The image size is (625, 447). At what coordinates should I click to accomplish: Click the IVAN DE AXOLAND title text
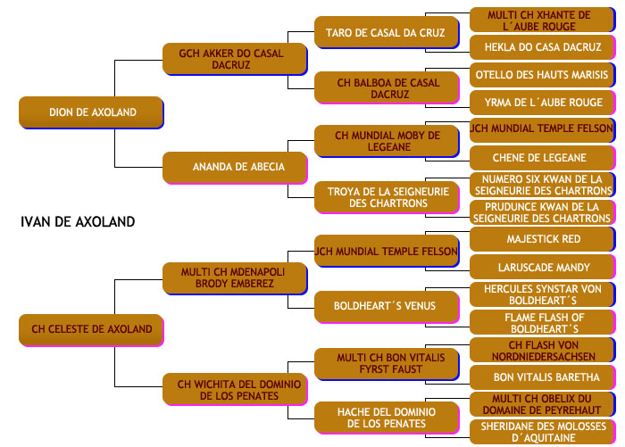coord(78,221)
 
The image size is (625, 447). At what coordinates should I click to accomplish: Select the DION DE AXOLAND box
coord(91,112)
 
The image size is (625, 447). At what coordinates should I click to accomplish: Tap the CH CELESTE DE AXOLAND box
coord(91,330)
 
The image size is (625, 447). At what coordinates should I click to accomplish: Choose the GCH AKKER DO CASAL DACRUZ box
coord(235,59)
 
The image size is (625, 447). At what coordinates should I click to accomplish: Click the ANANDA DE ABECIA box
coord(235,168)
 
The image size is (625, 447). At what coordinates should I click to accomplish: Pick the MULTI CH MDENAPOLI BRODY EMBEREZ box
coord(235,278)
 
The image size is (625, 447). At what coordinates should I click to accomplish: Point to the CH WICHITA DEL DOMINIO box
coord(235,389)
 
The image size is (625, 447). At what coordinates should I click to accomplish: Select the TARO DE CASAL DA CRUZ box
coord(387,32)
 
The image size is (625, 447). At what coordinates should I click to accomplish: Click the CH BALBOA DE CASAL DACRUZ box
coord(387,87)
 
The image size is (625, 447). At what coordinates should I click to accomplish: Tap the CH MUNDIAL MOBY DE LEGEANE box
coord(387,141)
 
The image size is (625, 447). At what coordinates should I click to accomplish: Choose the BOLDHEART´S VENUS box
coord(387,307)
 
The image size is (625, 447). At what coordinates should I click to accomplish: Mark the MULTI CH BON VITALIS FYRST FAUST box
coord(387,364)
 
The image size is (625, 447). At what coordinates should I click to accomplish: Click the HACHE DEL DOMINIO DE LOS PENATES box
coord(387,418)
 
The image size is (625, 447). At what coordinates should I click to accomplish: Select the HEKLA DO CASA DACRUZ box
coord(543,47)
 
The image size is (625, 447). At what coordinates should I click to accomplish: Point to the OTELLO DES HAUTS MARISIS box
coord(543,75)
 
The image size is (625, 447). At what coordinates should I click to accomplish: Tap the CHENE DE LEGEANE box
coord(543,158)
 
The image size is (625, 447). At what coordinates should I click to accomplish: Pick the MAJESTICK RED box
coord(543,239)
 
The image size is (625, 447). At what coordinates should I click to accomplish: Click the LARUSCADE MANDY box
coord(543,268)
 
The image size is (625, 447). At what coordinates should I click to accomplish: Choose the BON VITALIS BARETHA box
coord(543,377)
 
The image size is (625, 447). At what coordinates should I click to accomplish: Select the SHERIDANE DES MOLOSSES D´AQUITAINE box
coord(543,432)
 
